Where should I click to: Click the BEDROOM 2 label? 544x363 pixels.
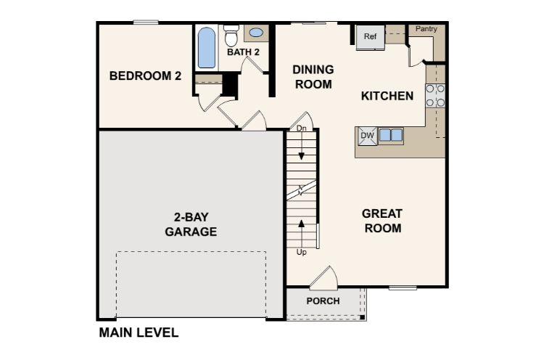(x=145, y=76)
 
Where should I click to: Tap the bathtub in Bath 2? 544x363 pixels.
(x=207, y=48)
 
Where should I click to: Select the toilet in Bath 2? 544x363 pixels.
(x=231, y=36)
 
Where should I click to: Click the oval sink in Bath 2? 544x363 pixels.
(x=256, y=33)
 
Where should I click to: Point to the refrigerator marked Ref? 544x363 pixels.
(x=370, y=37)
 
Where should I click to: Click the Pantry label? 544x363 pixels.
(x=426, y=29)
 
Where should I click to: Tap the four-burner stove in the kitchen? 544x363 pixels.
(x=435, y=96)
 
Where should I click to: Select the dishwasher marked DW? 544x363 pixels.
(x=368, y=136)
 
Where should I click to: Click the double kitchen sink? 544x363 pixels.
(x=391, y=135)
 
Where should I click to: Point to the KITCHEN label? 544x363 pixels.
(x=387, y=96)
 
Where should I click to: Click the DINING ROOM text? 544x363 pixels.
(x=313, y=77)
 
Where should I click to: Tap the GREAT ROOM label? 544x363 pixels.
(x=382, y=221)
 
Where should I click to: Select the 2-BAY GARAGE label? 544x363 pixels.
(x=191, y=224)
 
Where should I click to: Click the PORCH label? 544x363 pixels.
(x=323, y=301)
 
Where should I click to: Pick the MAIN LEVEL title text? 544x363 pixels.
(x=139, y=333)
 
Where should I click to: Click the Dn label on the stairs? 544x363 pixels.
(x=302, y=129)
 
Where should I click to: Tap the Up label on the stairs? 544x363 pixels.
(x=302, y=252)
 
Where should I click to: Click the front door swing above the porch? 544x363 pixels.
(x=323, y=277)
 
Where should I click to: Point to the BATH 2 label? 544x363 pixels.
(x=243, y=52)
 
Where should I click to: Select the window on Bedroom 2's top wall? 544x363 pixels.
(x=146, y=23)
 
